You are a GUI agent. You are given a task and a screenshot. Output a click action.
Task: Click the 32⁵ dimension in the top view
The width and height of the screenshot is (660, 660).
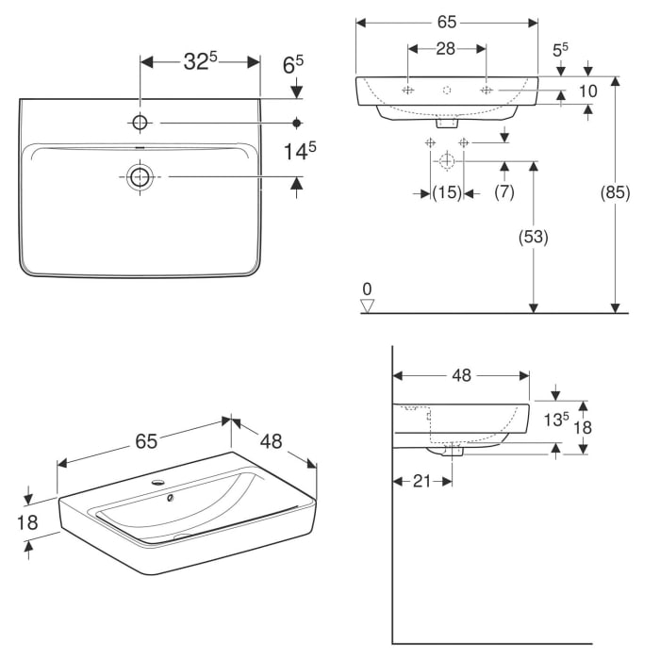click(x=199, y=62)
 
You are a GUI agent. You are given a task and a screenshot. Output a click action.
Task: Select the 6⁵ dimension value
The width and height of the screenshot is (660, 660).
click(x=293, y=65)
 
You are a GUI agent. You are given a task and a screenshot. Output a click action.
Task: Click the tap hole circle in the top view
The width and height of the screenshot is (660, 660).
click(x=140, y=123)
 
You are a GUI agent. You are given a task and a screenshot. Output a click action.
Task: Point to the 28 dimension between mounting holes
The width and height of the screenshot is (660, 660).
click(x=447, y=48)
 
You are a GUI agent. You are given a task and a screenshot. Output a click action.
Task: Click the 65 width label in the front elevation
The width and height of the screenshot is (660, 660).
click(x=447, y=21)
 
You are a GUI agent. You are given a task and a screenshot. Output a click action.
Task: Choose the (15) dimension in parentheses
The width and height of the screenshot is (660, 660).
click(x=446, y=193)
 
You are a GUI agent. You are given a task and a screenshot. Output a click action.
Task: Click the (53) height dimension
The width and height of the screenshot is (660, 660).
click(x=533, y=237)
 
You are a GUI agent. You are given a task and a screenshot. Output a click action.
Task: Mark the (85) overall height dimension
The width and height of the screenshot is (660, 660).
click(x=615, y=193)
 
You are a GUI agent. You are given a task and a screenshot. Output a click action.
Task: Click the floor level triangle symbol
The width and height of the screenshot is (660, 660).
click(x=369, y=305)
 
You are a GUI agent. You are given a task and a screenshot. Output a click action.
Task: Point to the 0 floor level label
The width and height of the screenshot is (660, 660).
click(x=368, y=289)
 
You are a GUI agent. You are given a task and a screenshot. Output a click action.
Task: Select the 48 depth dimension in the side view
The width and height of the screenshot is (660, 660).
click(x=461, y=375)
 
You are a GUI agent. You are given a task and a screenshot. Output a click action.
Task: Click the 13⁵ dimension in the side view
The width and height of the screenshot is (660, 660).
click(x=557, y=421)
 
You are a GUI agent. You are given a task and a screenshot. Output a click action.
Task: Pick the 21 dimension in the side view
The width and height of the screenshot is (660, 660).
click(x=421, y=481)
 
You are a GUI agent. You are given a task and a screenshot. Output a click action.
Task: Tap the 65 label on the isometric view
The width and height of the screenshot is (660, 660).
click(x=145, y=440)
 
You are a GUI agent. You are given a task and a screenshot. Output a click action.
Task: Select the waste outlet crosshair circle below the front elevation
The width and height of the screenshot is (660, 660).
click(x=445, y=161)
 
